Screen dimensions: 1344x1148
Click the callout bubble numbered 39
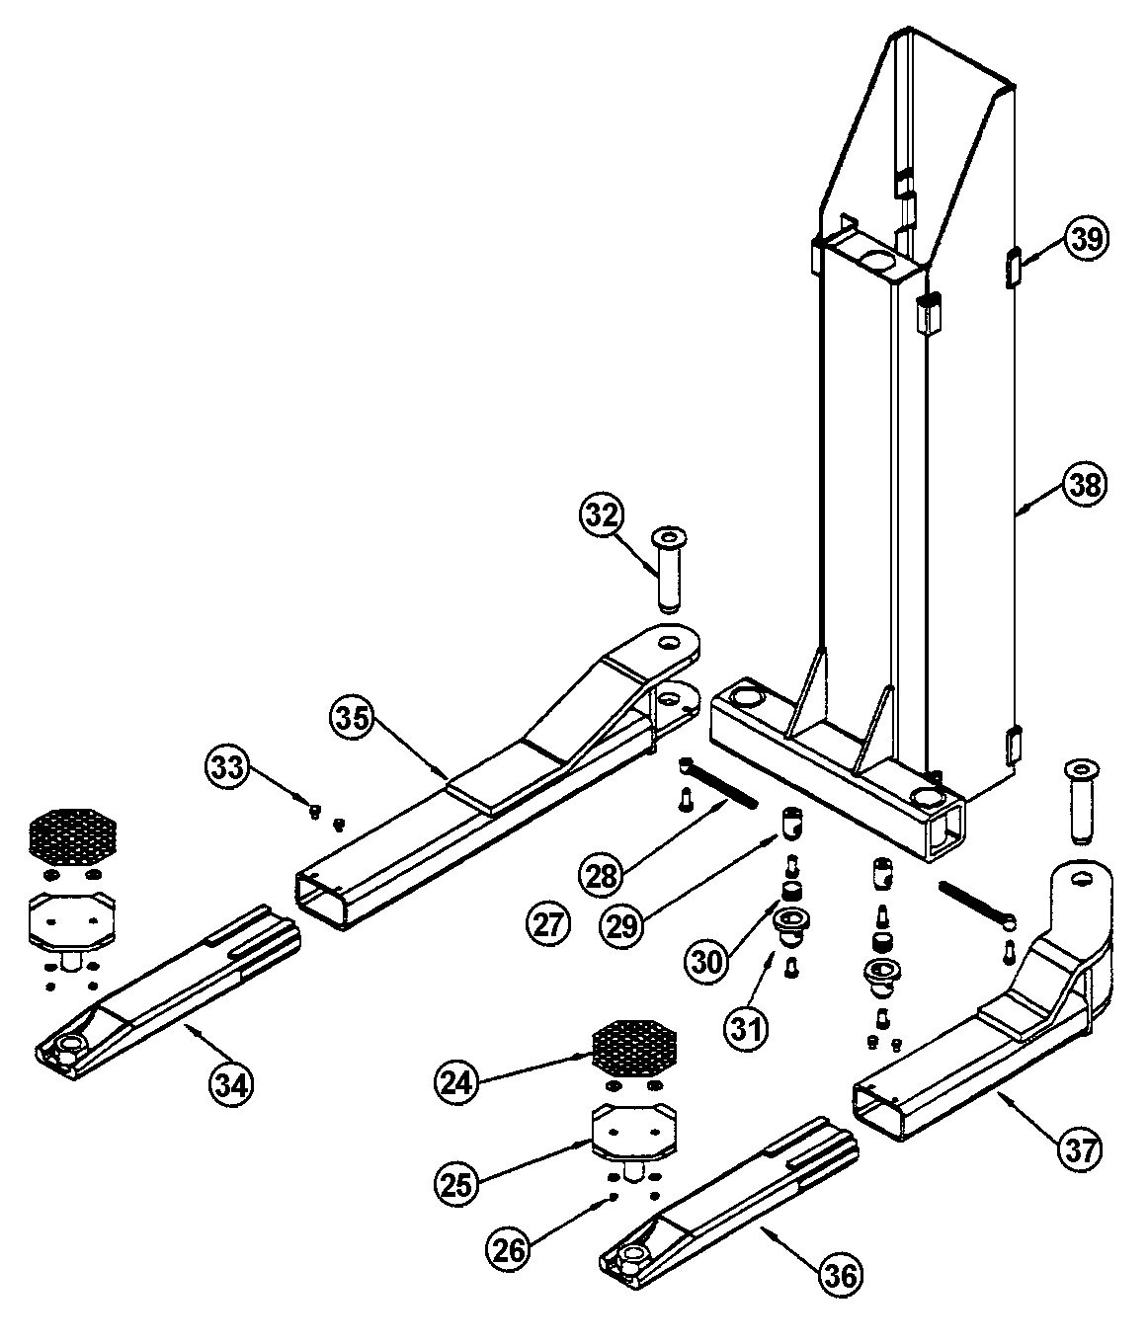tap(1086, 239)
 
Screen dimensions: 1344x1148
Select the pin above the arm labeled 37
tap(1082, 801)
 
